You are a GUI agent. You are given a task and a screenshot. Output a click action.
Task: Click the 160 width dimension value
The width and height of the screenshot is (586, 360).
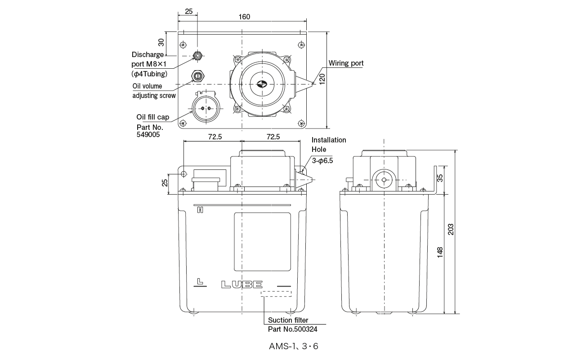(244, 17)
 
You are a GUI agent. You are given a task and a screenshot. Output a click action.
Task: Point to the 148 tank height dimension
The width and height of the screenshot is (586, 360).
(440, 252)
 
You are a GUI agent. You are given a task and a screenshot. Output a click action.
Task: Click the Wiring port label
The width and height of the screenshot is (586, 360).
(346, 63)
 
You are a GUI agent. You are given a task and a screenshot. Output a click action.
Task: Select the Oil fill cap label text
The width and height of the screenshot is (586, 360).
(153, 117)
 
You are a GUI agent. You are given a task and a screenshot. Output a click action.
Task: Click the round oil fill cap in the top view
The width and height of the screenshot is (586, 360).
(205, 108)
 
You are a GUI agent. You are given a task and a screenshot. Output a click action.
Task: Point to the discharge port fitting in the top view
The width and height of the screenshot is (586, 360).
(197, 56)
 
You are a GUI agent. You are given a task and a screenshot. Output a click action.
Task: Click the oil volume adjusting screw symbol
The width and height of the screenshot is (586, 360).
(197, 75)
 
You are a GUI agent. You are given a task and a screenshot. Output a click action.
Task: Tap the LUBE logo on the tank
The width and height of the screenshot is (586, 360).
(242, 284)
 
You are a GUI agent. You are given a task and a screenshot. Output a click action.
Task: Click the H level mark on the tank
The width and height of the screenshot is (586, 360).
(199, 210)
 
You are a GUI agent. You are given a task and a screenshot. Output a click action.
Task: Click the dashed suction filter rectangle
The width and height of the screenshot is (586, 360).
(277, 294)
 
